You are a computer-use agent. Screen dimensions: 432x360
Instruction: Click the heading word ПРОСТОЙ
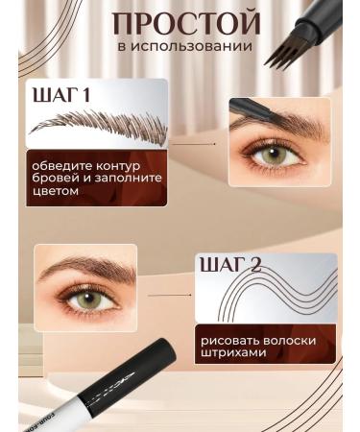(x=185, y=23)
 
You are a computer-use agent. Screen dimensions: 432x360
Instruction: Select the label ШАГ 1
(x=60, y=96)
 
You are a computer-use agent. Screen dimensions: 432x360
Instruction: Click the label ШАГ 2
(x=229, y=265)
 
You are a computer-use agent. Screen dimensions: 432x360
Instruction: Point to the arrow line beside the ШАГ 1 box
(x=198, y=144)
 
